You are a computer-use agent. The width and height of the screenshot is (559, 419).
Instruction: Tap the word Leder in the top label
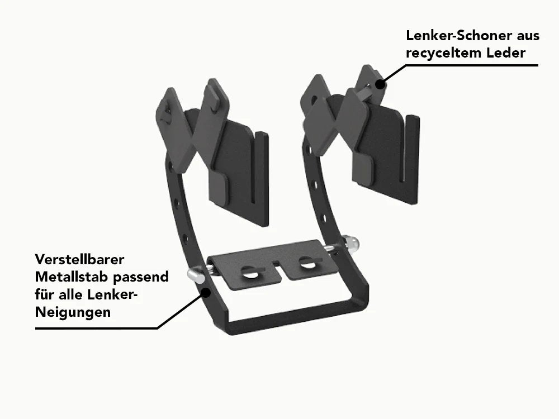[506, 54]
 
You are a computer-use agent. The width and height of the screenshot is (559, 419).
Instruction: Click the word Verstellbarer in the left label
[79, 260]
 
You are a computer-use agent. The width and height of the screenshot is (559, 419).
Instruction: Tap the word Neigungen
[73, 312]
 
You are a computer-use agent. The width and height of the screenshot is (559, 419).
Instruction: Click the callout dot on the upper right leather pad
[380, 85]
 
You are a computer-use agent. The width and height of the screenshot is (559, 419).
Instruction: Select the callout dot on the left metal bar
[206, 292]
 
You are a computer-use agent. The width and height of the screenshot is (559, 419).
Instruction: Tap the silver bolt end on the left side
[193, 274]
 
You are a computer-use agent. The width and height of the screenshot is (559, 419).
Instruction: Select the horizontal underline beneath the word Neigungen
[95, 328]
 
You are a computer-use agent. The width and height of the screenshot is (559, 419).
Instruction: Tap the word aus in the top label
[527, 36]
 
